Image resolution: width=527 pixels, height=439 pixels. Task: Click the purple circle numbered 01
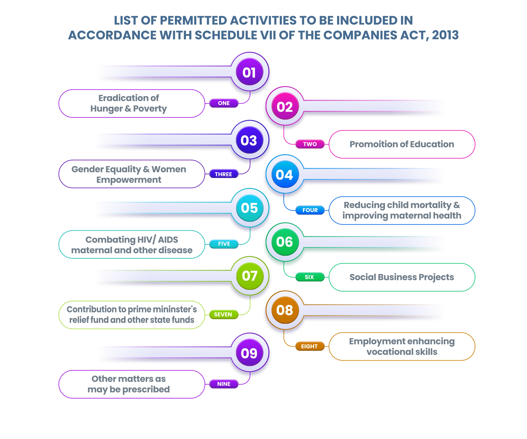[250, 72]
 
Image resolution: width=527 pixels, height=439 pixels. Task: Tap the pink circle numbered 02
[285, 106]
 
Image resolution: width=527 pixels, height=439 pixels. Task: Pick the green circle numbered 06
[285, 242]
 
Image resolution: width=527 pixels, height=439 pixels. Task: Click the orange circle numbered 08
[285, 310]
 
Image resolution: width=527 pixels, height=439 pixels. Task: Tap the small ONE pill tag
[224, 103]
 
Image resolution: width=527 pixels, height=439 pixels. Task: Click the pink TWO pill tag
[310, 144]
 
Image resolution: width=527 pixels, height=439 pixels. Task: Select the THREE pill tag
[224, 174]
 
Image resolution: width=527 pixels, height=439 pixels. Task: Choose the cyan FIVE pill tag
[224, 244]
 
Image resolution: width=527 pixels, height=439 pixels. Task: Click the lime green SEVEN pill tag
[224, 314]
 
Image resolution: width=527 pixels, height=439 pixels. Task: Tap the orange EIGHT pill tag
[310, 346]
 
